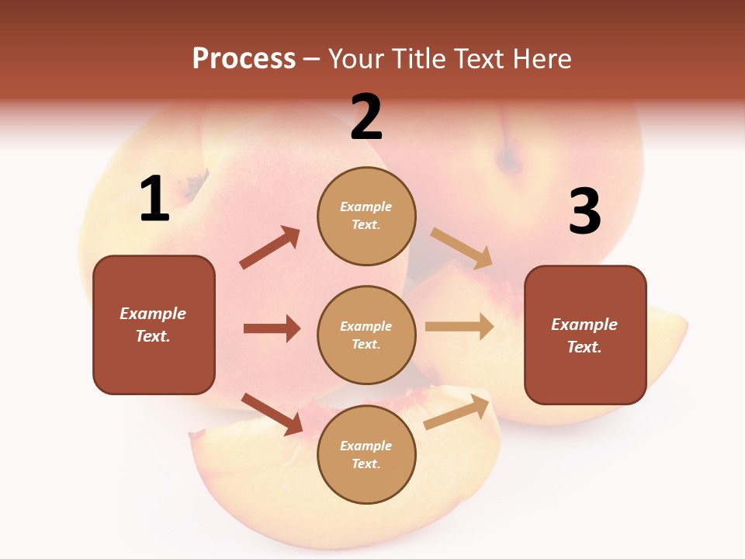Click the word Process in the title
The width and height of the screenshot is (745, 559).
click(x=244, y=59)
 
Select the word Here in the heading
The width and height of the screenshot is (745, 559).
click(x=541, y=59)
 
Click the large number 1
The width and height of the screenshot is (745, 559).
click(x=154, y=200)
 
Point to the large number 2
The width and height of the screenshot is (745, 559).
click(x=366, y=117)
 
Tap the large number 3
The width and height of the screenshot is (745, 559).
click(x=584, y=212)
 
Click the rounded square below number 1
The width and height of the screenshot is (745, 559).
click(x=154, y=325)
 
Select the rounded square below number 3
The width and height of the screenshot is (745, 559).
click(x=585, y=335)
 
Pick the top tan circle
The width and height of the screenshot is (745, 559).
click(x=366, y=216)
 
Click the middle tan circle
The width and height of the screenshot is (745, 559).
click(x=366, y=335)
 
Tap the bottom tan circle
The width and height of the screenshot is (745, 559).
click(x=366, y=454)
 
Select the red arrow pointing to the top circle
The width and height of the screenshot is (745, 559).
click(x=270, y=248)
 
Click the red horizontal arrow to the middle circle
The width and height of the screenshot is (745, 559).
click(x=272, y=328)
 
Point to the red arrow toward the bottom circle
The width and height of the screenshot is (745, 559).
click(x=272, y=414)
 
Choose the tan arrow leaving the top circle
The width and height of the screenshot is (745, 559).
click(x=462, y=248)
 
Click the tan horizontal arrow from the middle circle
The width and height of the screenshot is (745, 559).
click(x=459, y=326)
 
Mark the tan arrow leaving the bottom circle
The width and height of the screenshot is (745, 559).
click(x=457, y=412)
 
